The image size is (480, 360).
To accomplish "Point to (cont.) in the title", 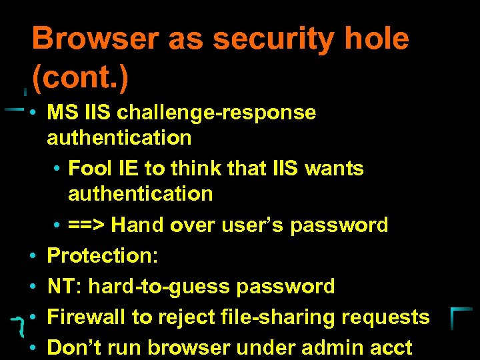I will tap(80, 79).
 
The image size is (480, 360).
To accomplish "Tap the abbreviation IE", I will tap(129, 168).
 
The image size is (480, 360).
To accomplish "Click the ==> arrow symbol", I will tap(87, 225).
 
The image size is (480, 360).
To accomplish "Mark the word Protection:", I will tap(100, 256).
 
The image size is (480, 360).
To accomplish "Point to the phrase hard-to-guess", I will tap(160, 287).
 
